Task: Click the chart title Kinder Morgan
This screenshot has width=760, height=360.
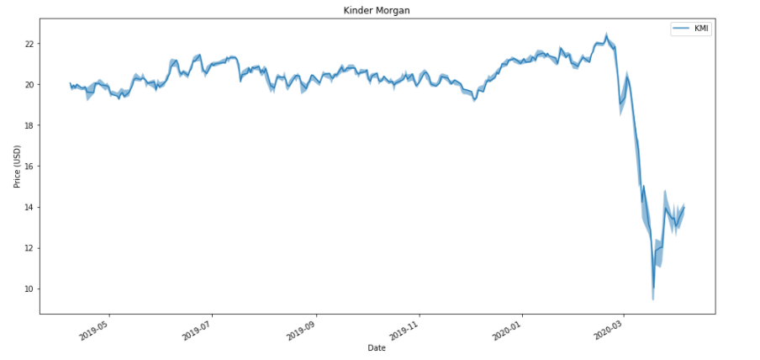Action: point(377,10)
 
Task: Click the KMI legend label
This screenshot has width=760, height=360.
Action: point(700,29)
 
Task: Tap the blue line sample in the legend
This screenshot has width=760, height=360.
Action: point(679,29)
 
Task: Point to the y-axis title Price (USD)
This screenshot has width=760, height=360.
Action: point(18,165)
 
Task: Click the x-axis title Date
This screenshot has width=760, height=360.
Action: point(377,347)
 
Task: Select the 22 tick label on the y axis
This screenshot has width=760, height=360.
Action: point(29,44)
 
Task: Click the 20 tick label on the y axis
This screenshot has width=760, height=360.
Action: point(29,85)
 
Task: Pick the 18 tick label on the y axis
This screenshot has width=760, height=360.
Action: point(29,125)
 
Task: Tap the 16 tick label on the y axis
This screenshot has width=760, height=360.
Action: point(29,167)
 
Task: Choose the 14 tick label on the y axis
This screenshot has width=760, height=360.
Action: point(29,207)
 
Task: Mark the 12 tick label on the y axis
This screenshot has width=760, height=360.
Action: point(29,248)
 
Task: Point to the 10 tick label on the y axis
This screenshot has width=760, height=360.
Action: point(29,289)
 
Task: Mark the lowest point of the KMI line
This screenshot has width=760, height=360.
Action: point(653,288)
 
